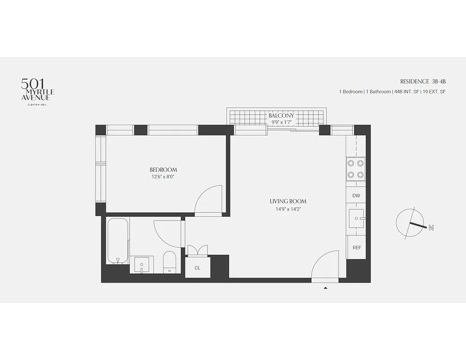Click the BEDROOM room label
tap(163, 170)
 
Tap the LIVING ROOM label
tap(288, 201)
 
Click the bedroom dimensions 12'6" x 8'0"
tap(163, 177)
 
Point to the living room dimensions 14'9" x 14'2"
tap(288, 208)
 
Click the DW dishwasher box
tap(356, 196)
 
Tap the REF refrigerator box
tap(357, 247)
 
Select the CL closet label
tap(197, 268)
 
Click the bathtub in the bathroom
tap(118, 241)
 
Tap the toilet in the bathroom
tap(170, 262)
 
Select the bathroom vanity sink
tap(142, 265)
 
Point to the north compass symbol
tap(411, 223)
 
